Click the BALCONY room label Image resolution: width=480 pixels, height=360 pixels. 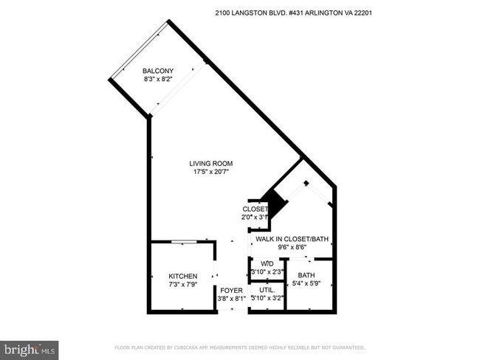click(158, 71)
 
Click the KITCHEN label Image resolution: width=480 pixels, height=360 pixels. click(182, 276)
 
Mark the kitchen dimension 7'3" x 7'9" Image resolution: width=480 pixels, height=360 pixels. click(182, 284)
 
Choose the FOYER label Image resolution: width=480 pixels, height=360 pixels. click(231, 290)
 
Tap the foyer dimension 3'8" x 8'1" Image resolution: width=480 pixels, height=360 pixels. click(232, 299)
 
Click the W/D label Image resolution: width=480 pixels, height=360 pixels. click(267, 263)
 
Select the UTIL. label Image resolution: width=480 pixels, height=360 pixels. click(267, 290)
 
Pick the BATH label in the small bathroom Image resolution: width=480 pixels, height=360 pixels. click(306, 275)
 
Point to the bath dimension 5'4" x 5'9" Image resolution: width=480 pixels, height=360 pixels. click(306, 283)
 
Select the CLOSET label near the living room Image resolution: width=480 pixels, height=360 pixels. click(255, 209)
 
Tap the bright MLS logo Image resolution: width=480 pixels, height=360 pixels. click(30, 347)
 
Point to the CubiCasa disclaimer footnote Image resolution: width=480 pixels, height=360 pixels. click(239, 347)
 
